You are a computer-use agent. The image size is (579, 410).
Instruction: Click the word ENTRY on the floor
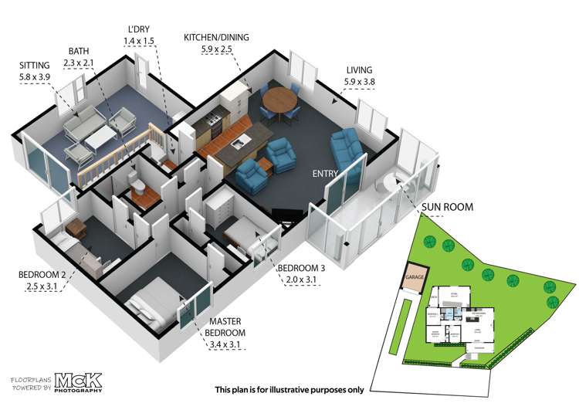326,175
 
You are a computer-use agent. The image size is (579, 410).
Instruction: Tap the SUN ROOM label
448,207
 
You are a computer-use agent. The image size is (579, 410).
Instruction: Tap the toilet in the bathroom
137,185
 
